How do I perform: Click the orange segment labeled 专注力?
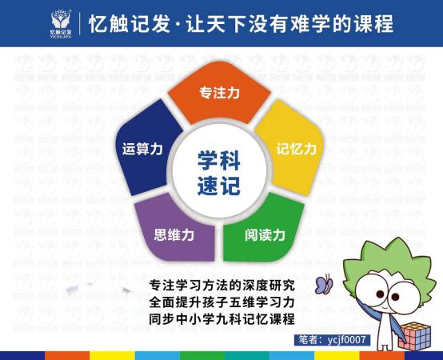(x=219, y=94)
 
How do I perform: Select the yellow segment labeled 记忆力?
(x=296, y=150)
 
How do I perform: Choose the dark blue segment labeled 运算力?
(x=144, y=150)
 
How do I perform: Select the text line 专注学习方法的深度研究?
(x=221, y=284)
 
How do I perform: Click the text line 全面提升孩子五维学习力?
(x=221, y=302)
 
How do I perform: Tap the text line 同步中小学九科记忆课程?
(x=221, y=318)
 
